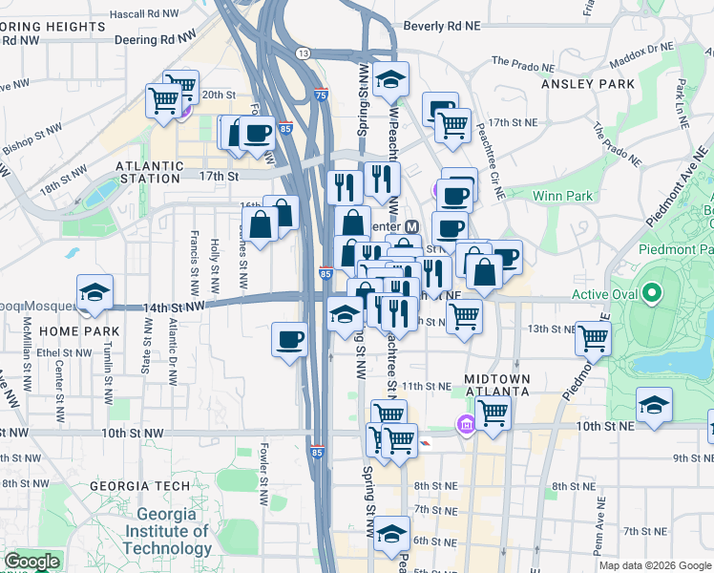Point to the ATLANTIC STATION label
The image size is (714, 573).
[148, 171]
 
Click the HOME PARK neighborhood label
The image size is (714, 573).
[79, 331]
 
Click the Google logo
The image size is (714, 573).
[31, 562]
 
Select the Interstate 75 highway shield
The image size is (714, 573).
[322, 95]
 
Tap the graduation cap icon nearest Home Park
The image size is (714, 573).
[94, 292]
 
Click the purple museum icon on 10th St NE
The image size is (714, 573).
[466, 424]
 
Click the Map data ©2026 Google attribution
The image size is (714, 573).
[654, 565]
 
